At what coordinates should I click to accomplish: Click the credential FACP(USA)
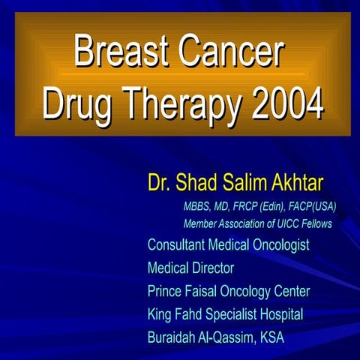point(307,206)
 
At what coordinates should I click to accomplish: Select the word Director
point(213,268)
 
